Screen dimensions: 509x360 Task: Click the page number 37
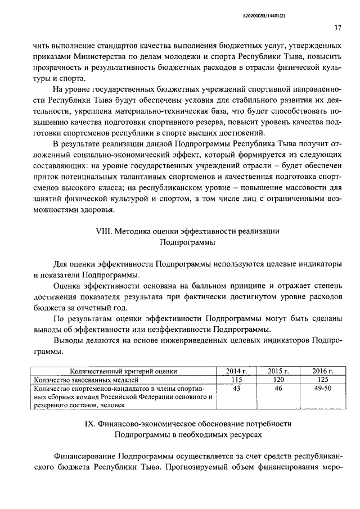(336, 28)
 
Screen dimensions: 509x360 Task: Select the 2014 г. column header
(236, 372)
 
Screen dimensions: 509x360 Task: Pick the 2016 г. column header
(322, 372)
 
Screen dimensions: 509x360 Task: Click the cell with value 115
(236, 380)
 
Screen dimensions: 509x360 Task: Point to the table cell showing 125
(322, 380)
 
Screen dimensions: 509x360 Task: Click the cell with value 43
(236, 389)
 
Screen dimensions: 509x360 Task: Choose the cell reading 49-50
(322, 389)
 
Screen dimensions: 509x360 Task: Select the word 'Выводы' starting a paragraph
(67, 341)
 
